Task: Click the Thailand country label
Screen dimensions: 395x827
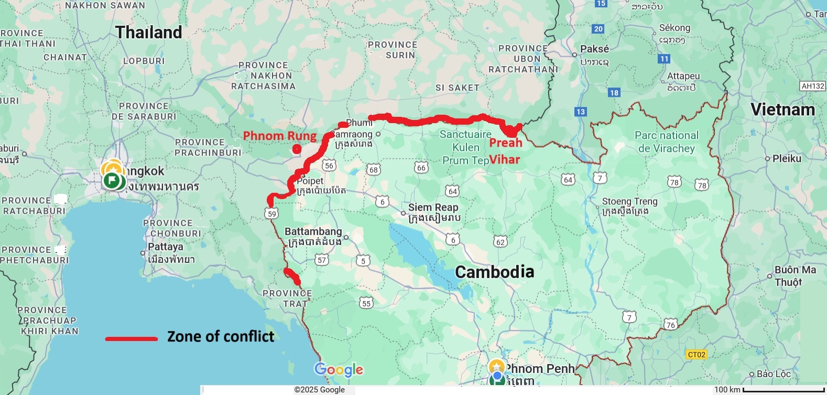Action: coord(149,32)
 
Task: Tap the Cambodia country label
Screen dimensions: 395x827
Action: coord(494,272)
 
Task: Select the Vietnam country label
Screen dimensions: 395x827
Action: coord(782,109)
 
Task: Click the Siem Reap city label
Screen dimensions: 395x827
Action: coord(433,207)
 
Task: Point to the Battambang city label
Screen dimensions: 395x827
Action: coord(313,232)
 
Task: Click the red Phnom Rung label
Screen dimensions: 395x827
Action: coord(280,136)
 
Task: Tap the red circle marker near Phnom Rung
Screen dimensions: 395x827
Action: coord(297,149)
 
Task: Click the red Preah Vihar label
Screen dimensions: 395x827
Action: coord(505,151)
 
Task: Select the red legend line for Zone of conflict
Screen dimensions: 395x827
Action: coord(131,339)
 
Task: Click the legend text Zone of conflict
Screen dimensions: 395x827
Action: coord(221,336)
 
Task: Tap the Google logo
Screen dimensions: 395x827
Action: coord(339,370)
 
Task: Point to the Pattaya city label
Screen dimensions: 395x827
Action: coord(166,247)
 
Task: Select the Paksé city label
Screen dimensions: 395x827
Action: coord(594,49)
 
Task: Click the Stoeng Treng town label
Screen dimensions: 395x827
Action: coord(629,202)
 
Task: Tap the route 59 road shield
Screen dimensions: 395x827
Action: coord(271,213)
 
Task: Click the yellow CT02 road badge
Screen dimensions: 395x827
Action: coord(696,355)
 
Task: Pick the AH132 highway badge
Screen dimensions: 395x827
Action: coord(813,86)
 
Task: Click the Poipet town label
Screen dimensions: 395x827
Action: coord(310,181)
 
